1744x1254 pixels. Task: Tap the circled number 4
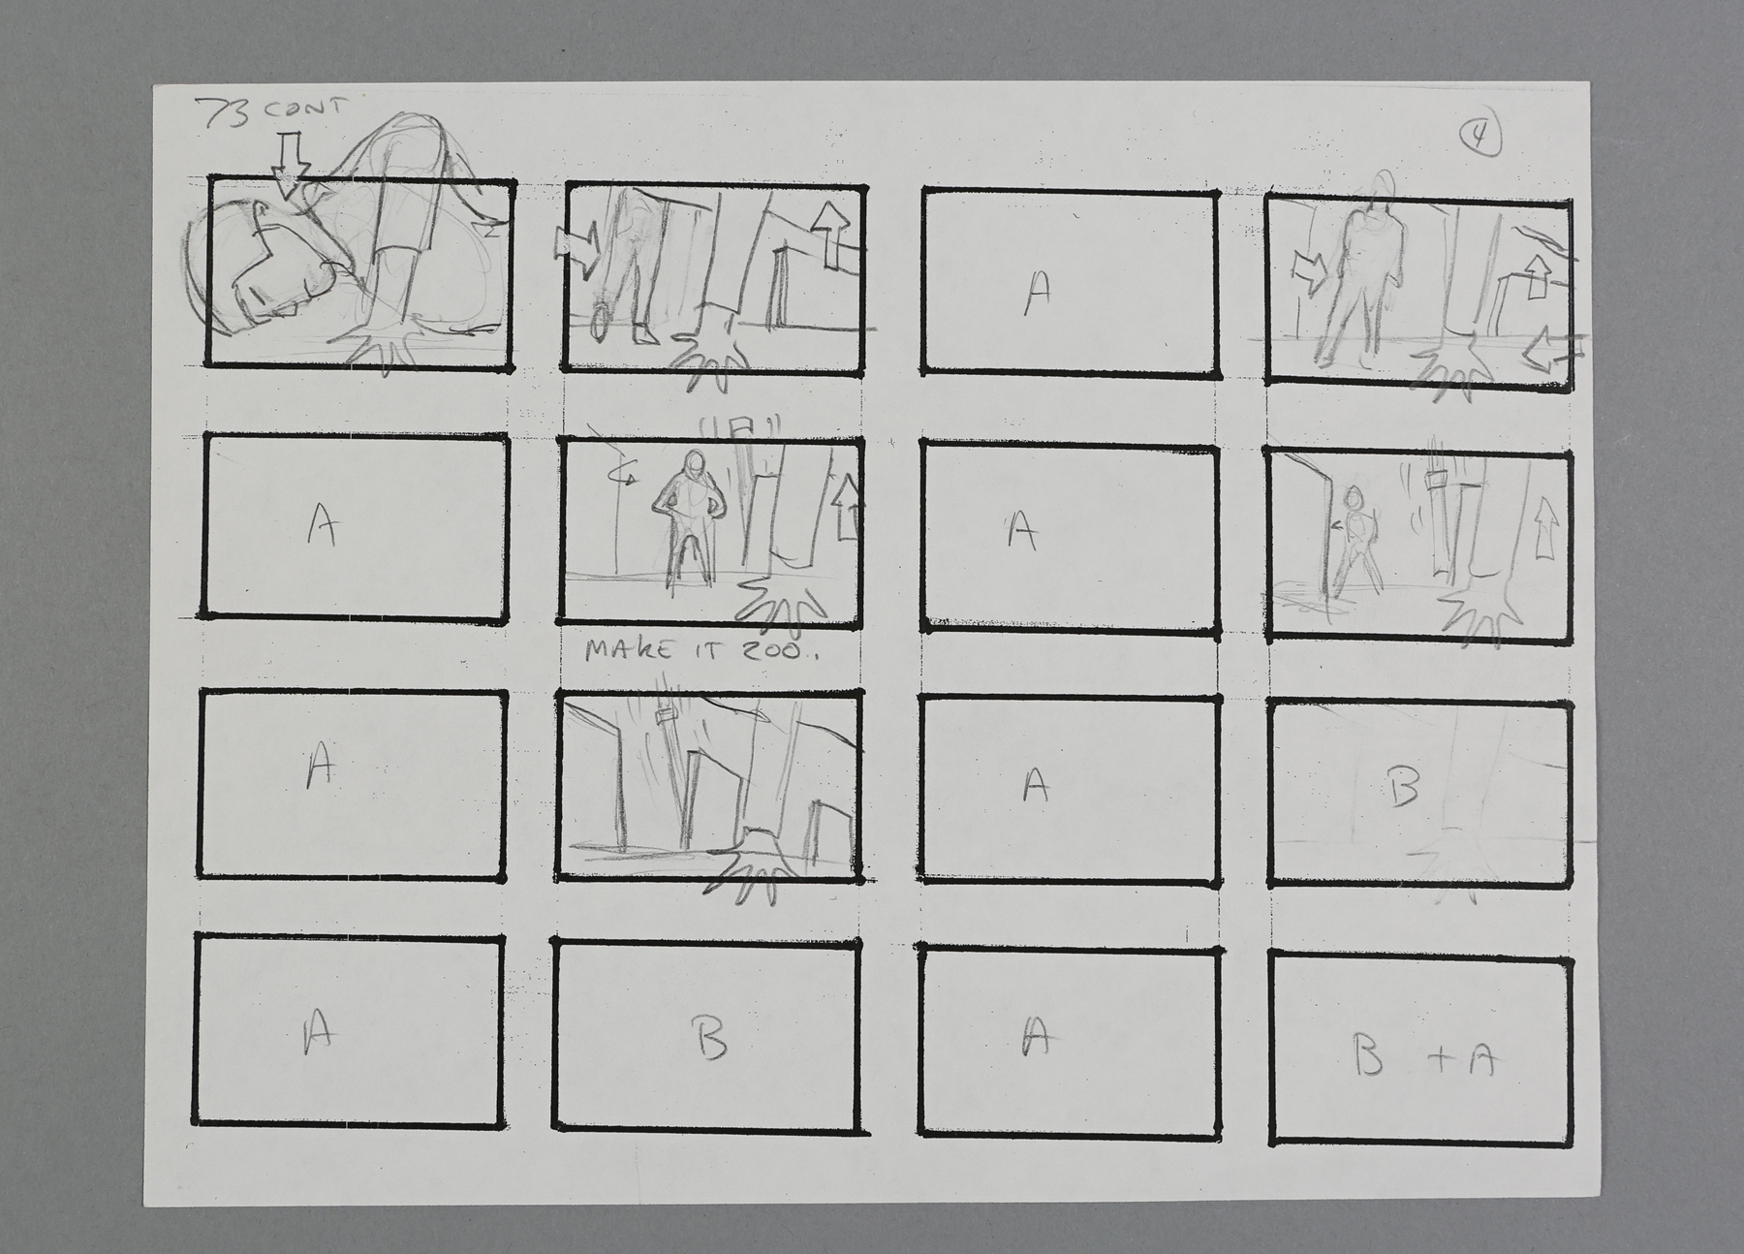(1481, 140)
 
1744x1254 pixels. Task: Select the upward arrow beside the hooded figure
(846, 506)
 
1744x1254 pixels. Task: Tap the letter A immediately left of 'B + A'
(1037, 1039)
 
